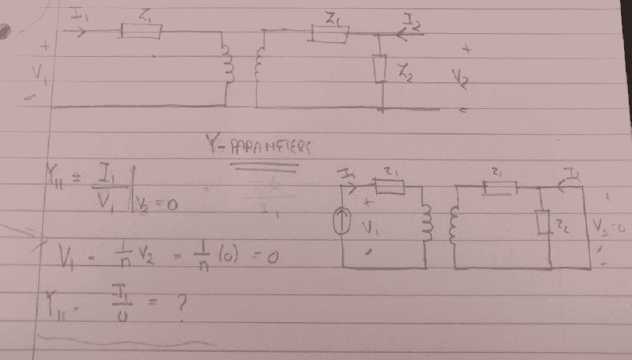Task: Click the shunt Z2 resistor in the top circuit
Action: (x=381, y=69)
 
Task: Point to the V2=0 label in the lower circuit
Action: (x=606, y=229)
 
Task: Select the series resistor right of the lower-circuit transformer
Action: (x=499, y=187)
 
